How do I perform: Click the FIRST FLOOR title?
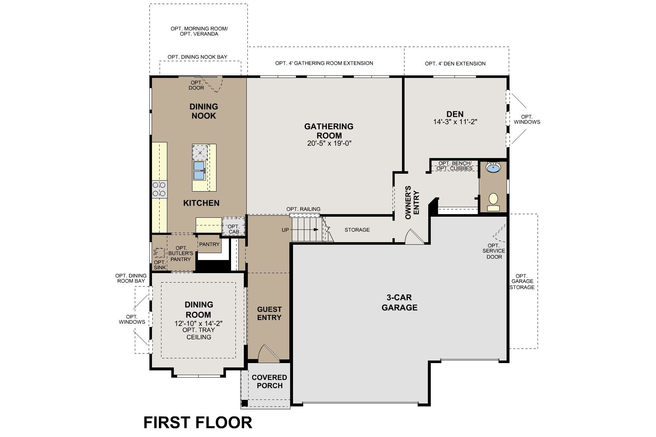(x=198, y=422)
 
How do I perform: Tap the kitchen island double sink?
(x=199, y=170)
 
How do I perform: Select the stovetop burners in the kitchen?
(x=159, y=189)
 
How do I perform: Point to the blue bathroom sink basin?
(x=493, y=168)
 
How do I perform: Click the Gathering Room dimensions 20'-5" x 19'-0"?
(x=329, y=143)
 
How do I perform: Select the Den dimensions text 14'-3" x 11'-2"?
(x=455, y=122)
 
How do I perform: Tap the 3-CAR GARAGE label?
(x=399, y=303)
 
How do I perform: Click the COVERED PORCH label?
(x=269, y=381)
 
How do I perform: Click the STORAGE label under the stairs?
(x=357, y=230)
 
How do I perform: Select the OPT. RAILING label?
(x=303, y=209)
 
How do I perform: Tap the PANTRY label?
(x=209, y=244)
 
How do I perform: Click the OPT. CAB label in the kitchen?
(x=234, y=229)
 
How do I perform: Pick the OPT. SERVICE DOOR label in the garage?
(x=493, y=251)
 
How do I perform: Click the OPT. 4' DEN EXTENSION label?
(x=455, y=64)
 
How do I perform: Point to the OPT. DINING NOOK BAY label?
(x=197, y=57)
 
